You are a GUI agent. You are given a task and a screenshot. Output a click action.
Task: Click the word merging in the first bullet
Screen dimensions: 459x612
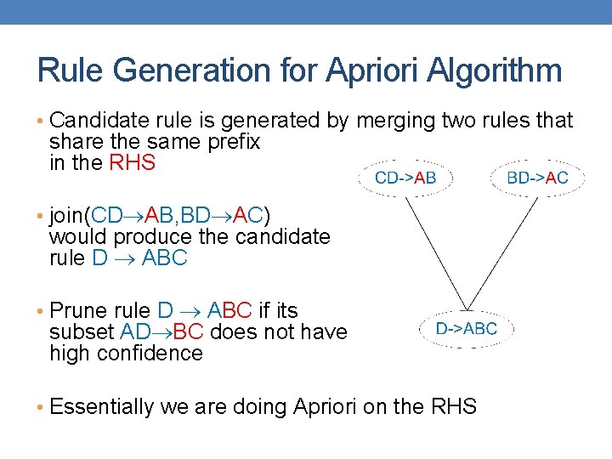396,122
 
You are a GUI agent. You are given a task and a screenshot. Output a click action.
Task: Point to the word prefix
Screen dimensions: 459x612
231,142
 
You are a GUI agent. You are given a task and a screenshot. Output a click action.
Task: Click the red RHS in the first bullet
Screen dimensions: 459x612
133,162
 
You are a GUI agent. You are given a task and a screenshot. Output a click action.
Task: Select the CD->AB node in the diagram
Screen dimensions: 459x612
406,178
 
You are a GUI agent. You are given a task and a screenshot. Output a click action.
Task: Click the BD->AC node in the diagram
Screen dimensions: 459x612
537,178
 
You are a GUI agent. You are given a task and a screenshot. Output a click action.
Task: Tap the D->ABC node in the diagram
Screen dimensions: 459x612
467,328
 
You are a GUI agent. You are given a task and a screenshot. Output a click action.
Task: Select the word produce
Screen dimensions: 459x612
147,236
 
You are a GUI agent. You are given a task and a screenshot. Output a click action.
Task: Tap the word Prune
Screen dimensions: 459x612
76,311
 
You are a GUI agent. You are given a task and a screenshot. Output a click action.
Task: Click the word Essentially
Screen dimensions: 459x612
102,407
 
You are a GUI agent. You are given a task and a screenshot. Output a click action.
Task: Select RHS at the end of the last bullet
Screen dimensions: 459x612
453,407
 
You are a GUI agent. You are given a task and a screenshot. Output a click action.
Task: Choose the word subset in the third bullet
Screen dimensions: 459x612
76,332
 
